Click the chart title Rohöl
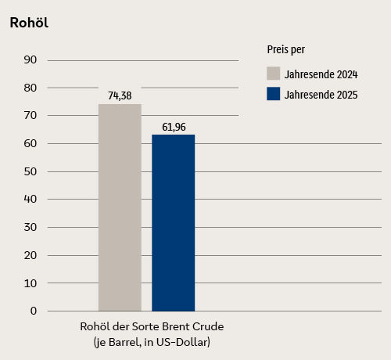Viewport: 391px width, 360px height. click(x=29, y=23)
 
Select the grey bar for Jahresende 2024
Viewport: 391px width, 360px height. click(x=120, y=207)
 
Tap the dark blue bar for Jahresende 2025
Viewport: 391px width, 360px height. click(x=173, y=223)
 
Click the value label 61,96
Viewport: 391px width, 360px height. click(x=173, y=127)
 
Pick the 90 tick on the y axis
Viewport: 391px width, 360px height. click(x=30, y=59)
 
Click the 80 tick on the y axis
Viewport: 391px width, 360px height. click(x=30, y=88)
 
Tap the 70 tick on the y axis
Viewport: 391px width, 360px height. click(x=30, y=115)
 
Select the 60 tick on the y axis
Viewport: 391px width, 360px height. click(x=30, y=143)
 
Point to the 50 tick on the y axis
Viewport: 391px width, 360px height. click(x=30, y=171)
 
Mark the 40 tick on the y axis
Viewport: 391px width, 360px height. click(x=30, y=199)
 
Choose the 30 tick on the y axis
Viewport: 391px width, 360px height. click(x=30, y=227)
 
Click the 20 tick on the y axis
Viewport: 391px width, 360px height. click(x=30, y=255)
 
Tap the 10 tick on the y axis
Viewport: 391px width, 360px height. click(x=30, y=283)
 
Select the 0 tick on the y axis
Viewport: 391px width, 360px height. click(x=34, y=311)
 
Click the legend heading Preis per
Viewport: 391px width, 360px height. click(x=285, y=50)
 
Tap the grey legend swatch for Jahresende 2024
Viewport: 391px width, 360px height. click(x=273, y=74)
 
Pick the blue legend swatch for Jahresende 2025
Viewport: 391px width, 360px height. click(x=273, y=95)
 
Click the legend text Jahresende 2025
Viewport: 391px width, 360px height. click(x=321, y=95)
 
